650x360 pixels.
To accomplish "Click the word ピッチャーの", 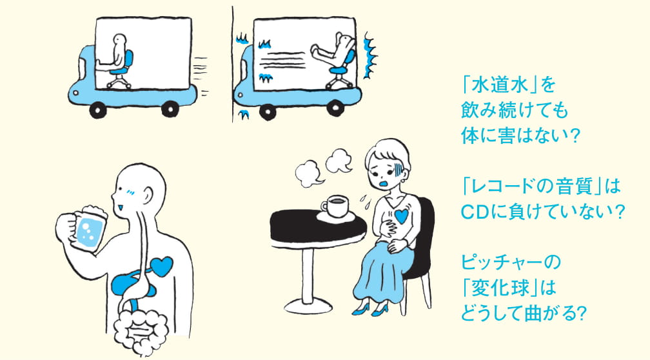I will click(x=511, y=263).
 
